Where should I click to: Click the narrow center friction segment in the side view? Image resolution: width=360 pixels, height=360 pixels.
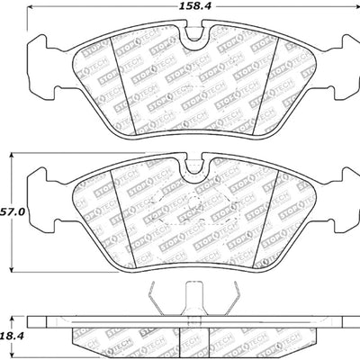(191, 337)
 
